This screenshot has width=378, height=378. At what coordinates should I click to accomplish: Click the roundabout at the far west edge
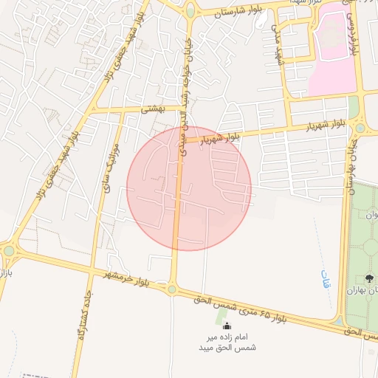point(9,251)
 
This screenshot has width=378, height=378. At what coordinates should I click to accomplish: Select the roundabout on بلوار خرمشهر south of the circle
point(172,289)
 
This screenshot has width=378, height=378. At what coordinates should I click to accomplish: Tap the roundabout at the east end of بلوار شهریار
point(360,127)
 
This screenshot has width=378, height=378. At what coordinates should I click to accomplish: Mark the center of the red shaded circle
point(189,188)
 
